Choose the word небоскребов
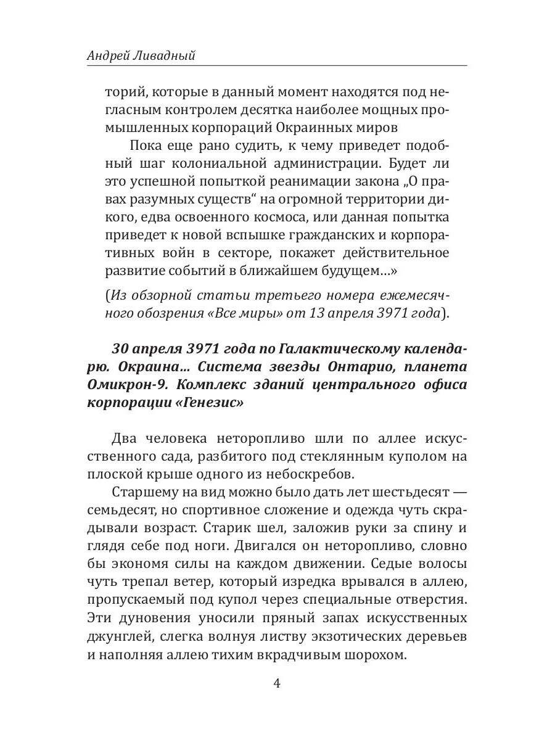tap(318, 475)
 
